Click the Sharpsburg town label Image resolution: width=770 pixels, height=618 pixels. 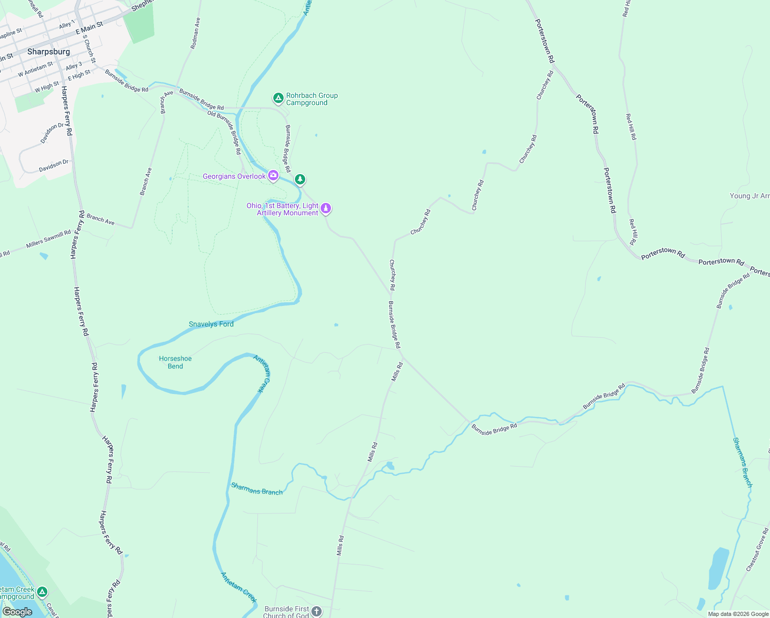48,51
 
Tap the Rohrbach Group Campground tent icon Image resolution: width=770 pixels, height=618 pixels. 278,98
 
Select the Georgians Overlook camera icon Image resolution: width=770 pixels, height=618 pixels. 273,176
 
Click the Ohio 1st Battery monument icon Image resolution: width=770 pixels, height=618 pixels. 325,209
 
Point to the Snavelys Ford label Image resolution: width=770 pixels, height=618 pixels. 211,324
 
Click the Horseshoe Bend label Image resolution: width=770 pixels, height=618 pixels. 175,362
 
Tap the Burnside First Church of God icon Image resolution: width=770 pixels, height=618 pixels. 316,611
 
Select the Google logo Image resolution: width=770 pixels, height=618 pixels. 17,612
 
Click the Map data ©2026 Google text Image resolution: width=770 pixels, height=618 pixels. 738,614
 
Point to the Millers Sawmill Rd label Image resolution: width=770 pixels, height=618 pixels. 48,239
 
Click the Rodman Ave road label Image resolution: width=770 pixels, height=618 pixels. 195,33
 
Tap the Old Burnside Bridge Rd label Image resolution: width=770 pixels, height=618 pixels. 224,132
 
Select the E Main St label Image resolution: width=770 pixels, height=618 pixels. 89,28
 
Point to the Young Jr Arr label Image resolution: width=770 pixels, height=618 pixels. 749,196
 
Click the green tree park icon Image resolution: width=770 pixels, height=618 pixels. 300,179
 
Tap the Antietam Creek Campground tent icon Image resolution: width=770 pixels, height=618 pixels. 42,592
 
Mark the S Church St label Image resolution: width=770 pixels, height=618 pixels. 90,49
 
